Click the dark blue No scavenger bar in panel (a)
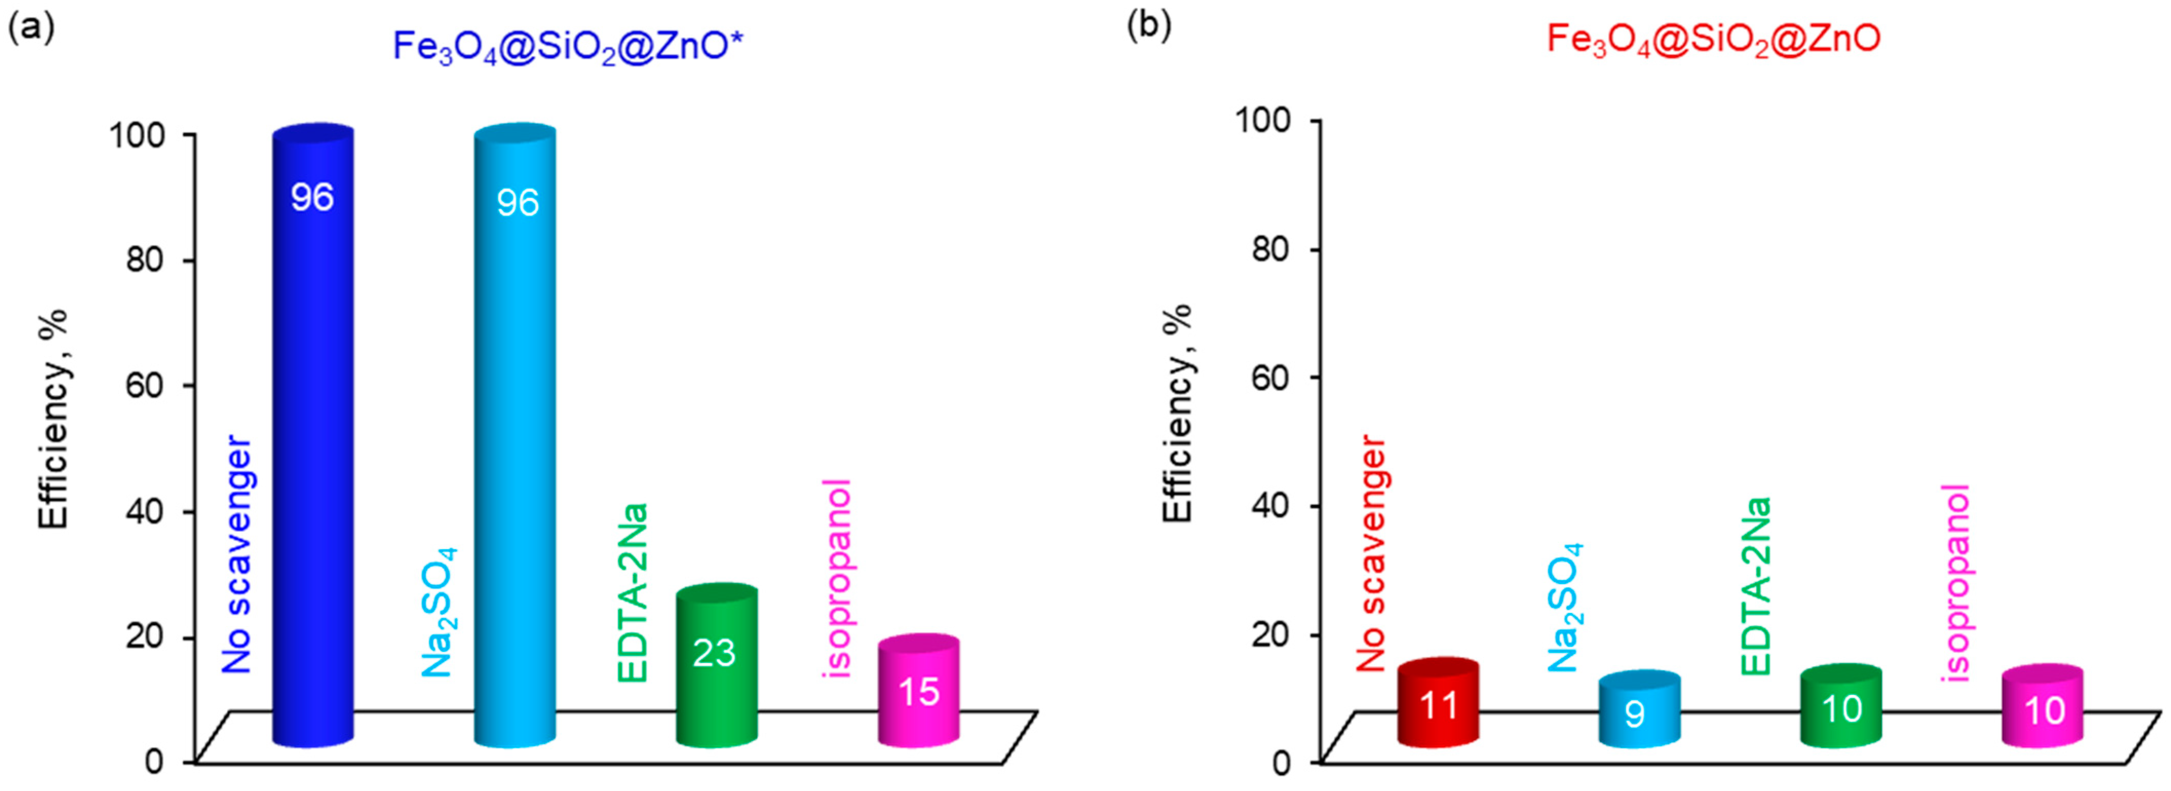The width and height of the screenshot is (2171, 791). (312, 438)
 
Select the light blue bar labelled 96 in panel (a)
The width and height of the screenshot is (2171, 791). (515, 438)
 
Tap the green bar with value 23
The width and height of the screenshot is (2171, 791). (716, 665)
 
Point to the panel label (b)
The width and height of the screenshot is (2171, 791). (1149, 25)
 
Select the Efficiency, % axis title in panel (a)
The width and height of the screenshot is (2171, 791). (52, 419)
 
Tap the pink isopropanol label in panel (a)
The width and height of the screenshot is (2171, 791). (837, 578)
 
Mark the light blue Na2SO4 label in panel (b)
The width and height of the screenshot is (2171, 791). (1565, 608)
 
